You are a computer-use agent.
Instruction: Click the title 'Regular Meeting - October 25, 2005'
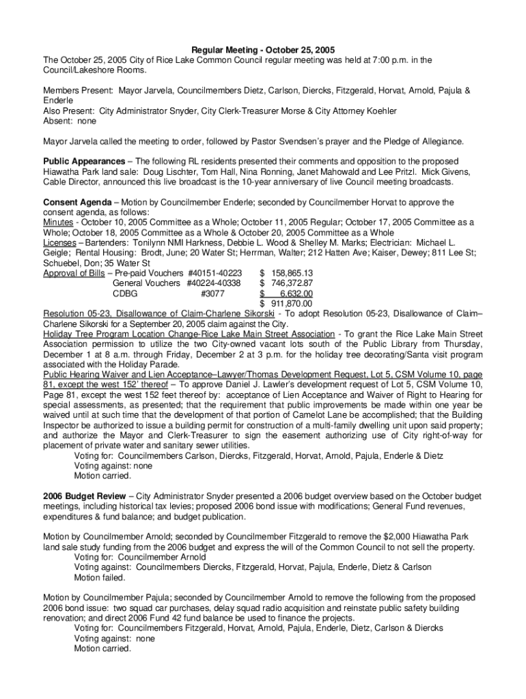(x=262, y=50)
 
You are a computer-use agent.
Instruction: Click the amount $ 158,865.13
(x=287, y=273)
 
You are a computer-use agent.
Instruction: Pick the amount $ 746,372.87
(x=287, y=283)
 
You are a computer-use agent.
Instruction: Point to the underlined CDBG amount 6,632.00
(x=295, y=293)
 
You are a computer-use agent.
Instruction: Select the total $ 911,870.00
(x=287, y=303)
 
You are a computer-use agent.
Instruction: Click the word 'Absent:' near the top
(x=57, y=120)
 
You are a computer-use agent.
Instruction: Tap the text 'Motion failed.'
(x=100, y=577)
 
